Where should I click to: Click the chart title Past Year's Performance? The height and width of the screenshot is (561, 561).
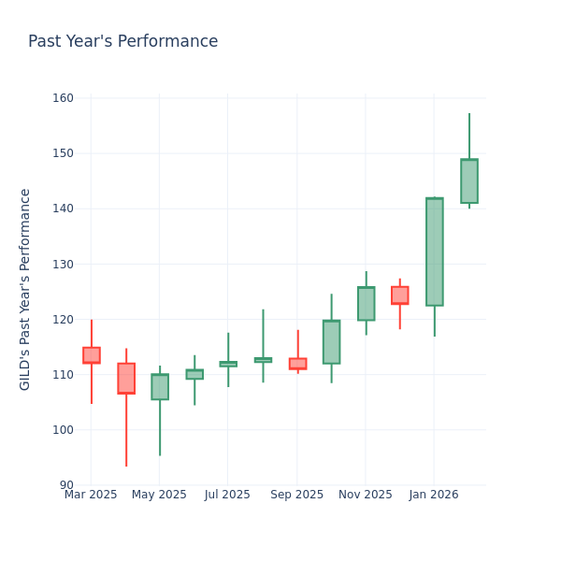pos(122,42)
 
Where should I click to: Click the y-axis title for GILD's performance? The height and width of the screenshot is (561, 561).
pos(25,289)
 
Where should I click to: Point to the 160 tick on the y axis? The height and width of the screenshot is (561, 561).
pos(64,98)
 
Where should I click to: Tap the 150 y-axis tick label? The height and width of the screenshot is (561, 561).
pos(64,153)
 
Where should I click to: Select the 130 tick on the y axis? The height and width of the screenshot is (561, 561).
pos(64,265)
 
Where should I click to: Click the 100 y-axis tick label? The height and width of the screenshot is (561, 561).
pos(64,430)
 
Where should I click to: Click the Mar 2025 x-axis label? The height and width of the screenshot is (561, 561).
pos(91,495)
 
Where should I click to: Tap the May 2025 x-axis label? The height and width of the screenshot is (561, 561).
pos(159,495)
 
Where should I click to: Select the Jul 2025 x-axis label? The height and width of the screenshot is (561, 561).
pos(227,495)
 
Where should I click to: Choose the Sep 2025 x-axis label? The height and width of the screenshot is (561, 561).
pos(297,495)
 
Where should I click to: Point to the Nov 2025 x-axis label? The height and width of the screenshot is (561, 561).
pos(366,495)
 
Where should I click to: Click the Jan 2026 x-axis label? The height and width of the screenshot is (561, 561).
pos(434,495)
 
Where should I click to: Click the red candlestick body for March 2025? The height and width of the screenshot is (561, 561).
pos(91,355)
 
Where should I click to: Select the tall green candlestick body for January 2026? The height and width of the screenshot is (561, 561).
pos(434,252)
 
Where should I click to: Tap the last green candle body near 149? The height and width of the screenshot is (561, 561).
pos(468,181)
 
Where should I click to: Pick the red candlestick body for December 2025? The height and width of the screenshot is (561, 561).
pos(399,295)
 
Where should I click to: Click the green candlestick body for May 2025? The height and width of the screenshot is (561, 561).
pos(160,387)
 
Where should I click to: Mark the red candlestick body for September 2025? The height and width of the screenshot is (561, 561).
pos(297,364)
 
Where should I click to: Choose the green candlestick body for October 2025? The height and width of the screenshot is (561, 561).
pos(331,342)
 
